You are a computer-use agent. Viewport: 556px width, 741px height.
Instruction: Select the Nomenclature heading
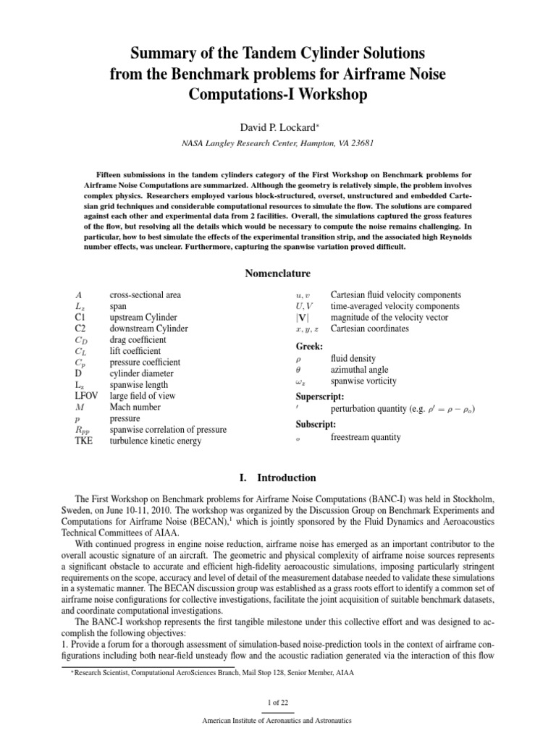(278, 274)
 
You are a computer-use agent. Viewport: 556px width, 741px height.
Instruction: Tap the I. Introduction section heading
(278, 478)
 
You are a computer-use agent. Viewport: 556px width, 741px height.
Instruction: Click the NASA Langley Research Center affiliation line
(277, 143)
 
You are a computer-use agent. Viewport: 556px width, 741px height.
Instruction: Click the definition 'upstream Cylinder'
(143, 317)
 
